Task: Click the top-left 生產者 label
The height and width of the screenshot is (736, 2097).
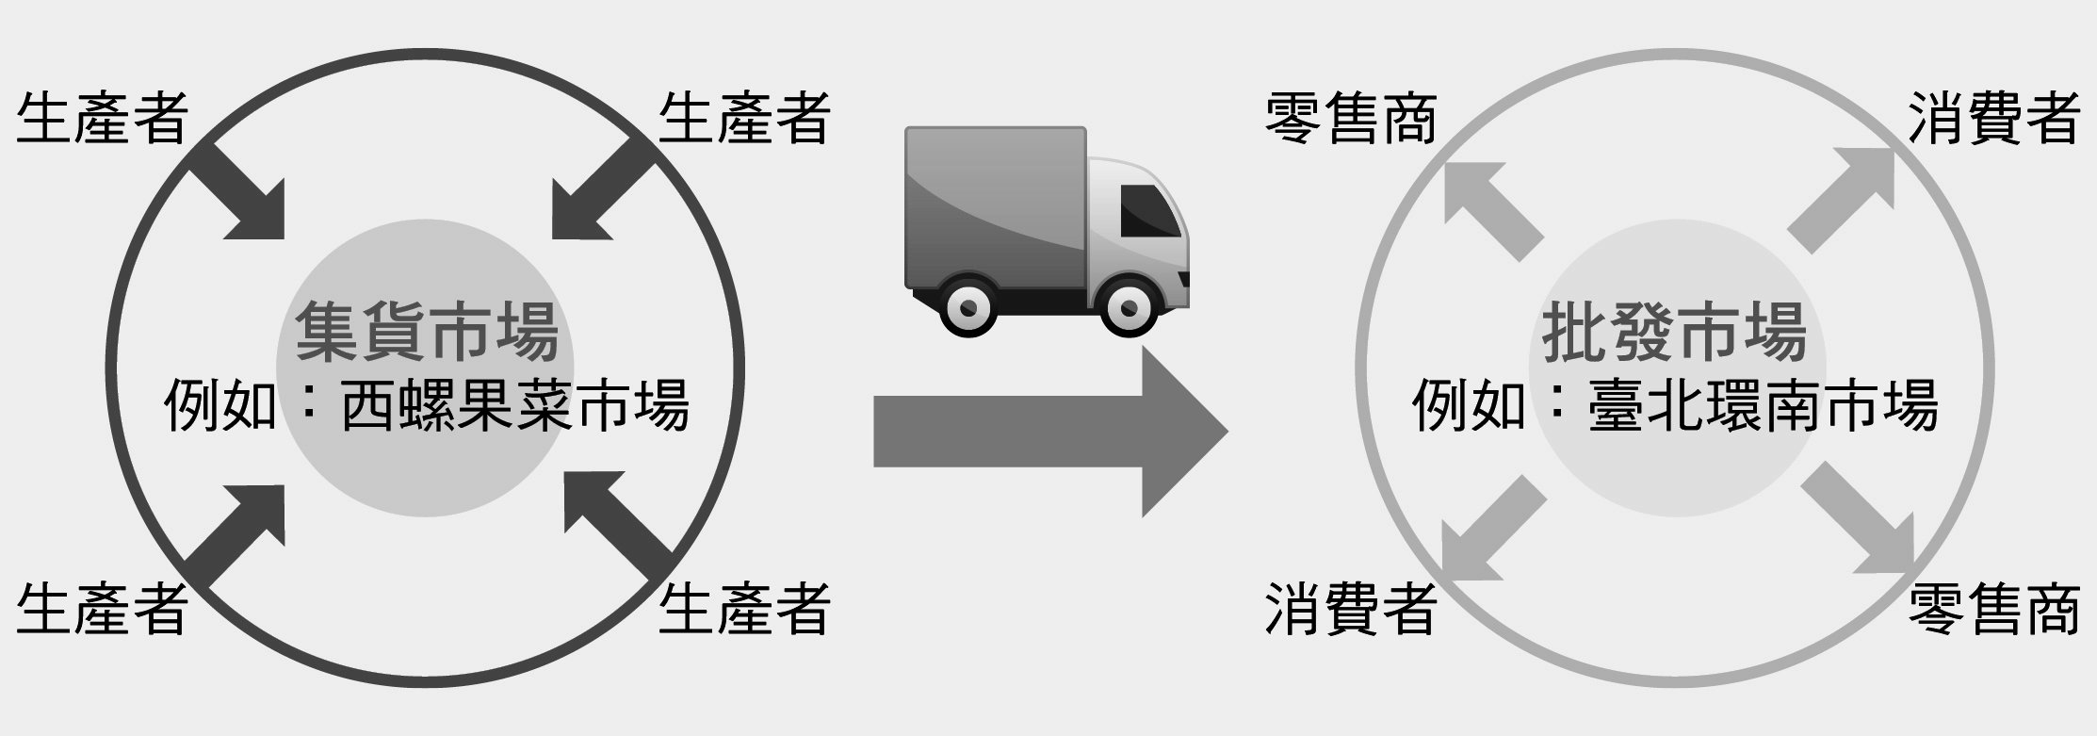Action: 102,119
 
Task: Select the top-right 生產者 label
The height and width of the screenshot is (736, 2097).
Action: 744,119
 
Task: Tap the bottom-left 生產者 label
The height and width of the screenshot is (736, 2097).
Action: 102,608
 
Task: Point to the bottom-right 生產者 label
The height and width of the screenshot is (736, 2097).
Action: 744,608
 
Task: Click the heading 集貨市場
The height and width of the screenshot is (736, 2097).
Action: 427,332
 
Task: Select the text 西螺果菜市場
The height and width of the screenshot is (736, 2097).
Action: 514,405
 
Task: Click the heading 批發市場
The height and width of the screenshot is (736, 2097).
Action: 1675,332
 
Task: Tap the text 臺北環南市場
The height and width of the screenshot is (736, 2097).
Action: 1764,405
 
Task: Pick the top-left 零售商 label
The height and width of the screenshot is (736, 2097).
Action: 1350,119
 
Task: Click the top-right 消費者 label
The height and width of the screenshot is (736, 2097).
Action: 1994,119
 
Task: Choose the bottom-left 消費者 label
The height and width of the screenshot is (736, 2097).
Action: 1350,608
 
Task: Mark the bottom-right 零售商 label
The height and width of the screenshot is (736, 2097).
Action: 1994,608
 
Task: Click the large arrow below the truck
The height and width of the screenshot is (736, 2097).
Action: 1051,432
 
